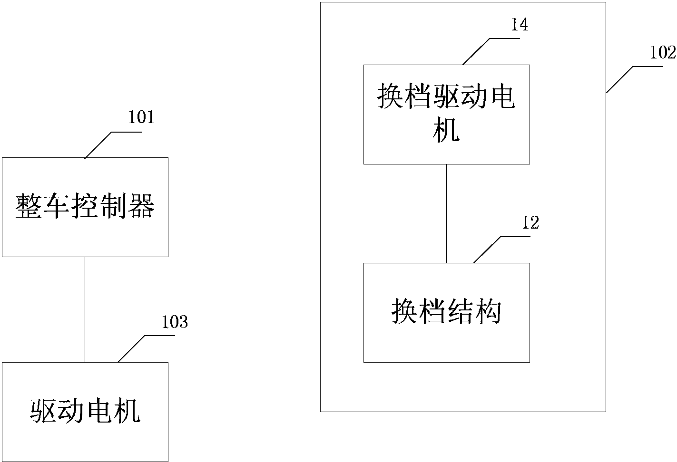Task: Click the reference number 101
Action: (141, 117)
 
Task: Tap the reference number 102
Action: (663, 52)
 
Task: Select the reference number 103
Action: (175, 322)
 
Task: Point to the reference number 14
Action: (519, 25)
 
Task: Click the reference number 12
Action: (530, 223)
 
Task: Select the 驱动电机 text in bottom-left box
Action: (85, 412)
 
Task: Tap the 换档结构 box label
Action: (446, 312)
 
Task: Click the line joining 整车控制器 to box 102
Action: (244, 207)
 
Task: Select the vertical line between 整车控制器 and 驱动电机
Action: (85, 309)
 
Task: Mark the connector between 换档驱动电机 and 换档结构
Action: (446, 213)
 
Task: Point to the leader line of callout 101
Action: (98, 144)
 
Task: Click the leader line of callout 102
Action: (620, 79)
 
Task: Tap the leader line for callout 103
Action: (131, 349)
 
